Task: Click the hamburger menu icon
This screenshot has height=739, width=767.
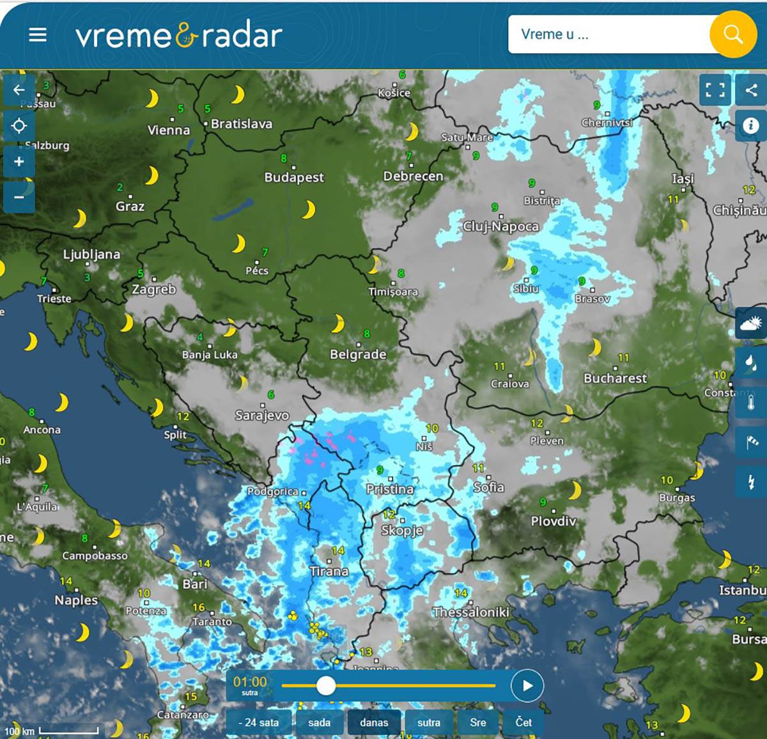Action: click(38, 35)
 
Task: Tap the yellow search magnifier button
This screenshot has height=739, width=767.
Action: click(732, 35)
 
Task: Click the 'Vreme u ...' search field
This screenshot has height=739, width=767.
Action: click(607, 35)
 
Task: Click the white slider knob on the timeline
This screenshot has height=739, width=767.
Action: click(326, 686)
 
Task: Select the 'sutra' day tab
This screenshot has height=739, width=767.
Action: click(428, 722)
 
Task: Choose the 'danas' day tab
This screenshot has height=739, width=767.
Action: click(374, 722)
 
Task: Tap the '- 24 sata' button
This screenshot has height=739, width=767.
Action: click(258, 722)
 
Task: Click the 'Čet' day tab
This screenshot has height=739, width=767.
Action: click(523, 722)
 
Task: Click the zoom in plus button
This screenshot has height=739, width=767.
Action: click(19, 161)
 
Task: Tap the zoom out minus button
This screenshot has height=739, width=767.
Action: click(19, 196)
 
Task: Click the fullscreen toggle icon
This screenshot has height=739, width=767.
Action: click(715, 90)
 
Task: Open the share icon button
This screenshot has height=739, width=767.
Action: click(751, 90)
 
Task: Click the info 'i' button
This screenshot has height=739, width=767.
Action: click(751, 125)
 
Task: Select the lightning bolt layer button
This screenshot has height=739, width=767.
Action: click(751, 481)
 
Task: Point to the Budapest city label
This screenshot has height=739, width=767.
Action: click(294, 177)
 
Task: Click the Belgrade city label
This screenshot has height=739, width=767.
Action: click(358, 354)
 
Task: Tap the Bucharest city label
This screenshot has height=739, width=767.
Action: click(615, 378)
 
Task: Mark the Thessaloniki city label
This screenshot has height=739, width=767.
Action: click(471, 612)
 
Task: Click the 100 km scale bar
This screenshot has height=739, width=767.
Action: click(68, 730)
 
